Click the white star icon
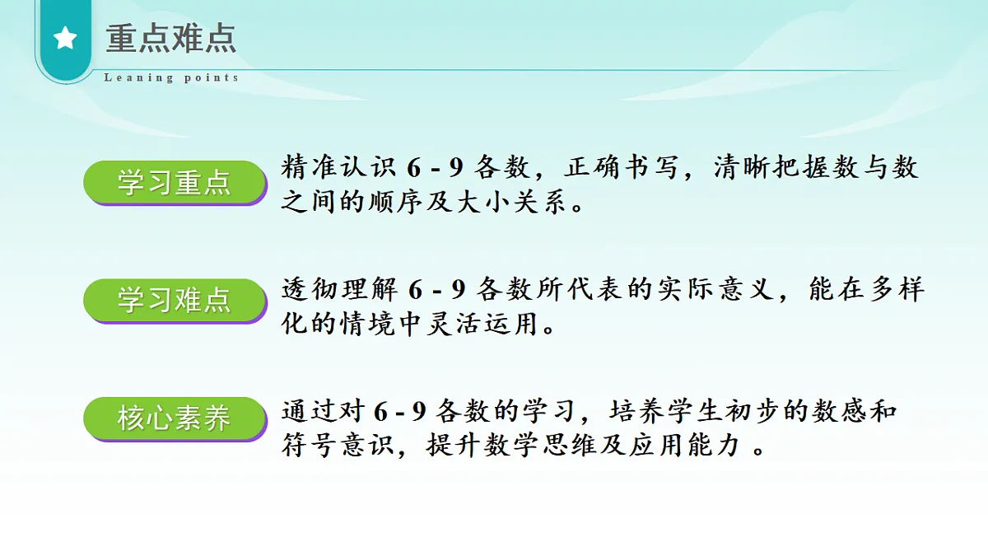click(x=65, y=38)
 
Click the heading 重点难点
click(x=171, y=38)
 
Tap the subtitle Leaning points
click(x=171, y=78)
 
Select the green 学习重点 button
click(x=175, y=182)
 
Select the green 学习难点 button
click(x=175, y=301)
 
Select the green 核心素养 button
click(x=175, y=419)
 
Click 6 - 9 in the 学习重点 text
click(x=436, y=168)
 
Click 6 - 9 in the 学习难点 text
click(x=436, y=289)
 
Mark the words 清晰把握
click(x=764, y=168)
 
